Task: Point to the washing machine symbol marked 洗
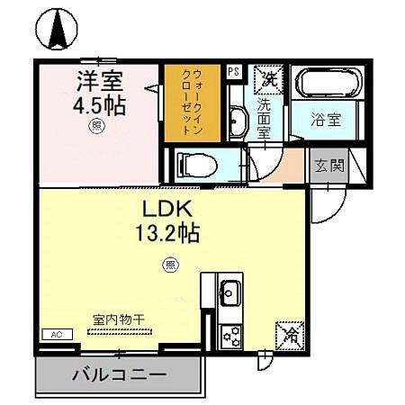click(267, 78)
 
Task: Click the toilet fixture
click(193, 165)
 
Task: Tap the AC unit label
click(56, 335)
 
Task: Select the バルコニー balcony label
click(119, 374)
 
